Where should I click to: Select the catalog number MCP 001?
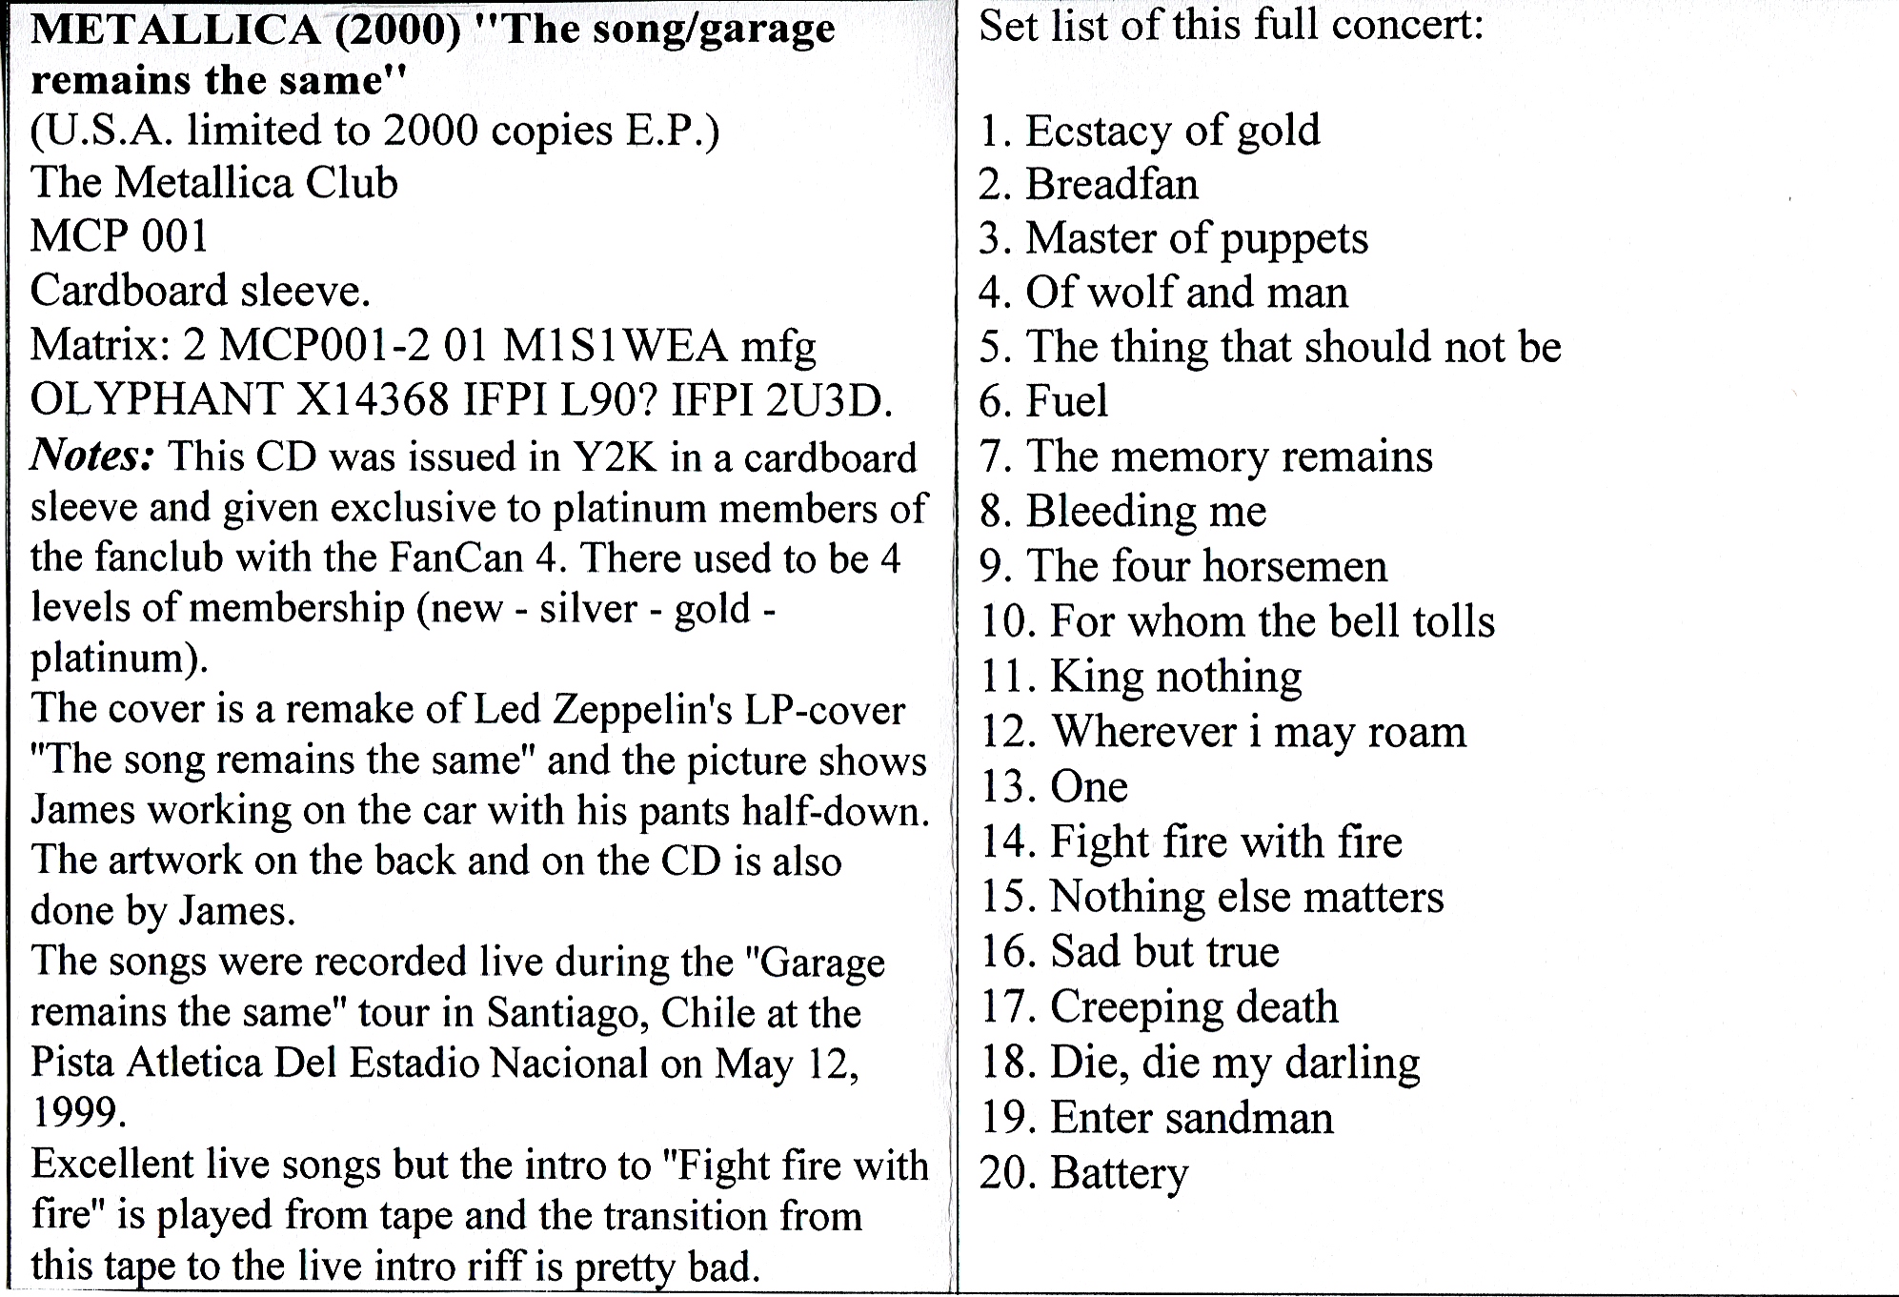tap(119, 236)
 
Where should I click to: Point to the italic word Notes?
tap(92, 456)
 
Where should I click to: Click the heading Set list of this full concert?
tap(1231, 25)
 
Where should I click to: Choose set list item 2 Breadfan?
tap(1088, 184)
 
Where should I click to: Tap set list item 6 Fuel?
tap(1043, 401)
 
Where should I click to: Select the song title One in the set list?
tap(1089, 787)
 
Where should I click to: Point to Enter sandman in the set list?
tap(1192, 1118)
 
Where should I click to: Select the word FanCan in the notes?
tap(456, 558)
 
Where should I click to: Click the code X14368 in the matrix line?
tap(373, 400)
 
